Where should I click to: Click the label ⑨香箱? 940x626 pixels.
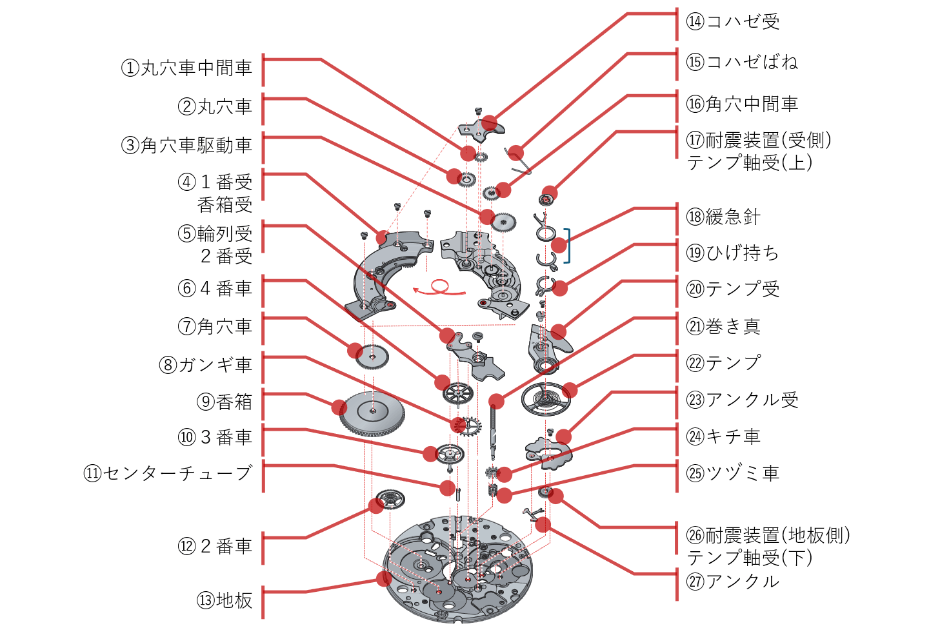pyautogui.click(x=225, y=402)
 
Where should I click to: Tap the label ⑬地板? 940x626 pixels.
pyautogui.click(x=225, y=600)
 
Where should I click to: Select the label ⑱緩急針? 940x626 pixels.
pyautogui.click(x=723, y=217)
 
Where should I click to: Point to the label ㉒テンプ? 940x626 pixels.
pyautogui.click(x=723, y=363)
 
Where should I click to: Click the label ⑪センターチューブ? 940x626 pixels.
pyautogui.click(x=168, y=473)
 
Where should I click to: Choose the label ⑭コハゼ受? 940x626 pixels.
pyautogui.click(x=733, y=22)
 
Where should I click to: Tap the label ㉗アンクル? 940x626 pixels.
pyautogui.click(x=733, y=582)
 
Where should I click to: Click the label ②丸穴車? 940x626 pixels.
pyautogui.click(x=215, y=106)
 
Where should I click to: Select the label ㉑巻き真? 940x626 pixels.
pyautogui.click(x=723, y=326)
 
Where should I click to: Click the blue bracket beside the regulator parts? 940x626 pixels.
pyautogui.click(x=567, y=246)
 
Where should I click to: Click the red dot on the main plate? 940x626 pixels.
pyautogui.click(x=384, y=578)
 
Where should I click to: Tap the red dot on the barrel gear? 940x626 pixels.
pyautogui.click(x=339, y=407)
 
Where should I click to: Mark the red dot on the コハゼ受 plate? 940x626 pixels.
pyautogui.click(x=490, y=122)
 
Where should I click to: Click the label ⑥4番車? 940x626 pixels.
pyautogui.click(x=215, y=288)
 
